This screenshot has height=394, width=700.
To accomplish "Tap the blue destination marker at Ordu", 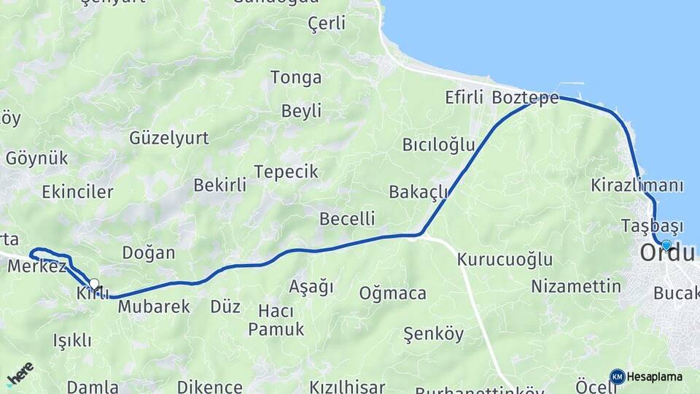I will [666, 244].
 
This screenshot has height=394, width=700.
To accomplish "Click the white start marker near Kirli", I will [94, 283].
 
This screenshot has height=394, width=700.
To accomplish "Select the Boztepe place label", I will [525, 98].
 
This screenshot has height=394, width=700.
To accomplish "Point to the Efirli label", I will [464, 98].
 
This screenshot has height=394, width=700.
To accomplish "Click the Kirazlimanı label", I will [637, 185].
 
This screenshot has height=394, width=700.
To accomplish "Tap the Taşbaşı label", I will [653, 225].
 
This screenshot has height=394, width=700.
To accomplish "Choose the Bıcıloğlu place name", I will [438, 144].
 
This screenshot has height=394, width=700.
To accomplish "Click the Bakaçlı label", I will [418, 192].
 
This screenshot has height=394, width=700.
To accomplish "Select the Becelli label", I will [347, 218].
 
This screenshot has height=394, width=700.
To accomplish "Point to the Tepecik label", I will [286, 171].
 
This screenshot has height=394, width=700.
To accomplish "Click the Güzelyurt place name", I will [169, 137].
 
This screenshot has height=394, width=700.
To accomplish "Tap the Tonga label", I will [296, 77].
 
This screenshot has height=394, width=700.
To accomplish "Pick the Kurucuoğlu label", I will [505, 259].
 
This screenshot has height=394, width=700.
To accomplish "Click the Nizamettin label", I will [576, 285].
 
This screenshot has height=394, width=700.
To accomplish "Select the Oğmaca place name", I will [392, 293].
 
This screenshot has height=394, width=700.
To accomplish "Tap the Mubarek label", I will [154, 306].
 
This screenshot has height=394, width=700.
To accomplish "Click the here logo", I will [20, 374].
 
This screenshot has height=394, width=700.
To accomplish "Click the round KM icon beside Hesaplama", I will [618, 376].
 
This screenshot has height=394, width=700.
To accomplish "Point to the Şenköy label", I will [433, 334].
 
